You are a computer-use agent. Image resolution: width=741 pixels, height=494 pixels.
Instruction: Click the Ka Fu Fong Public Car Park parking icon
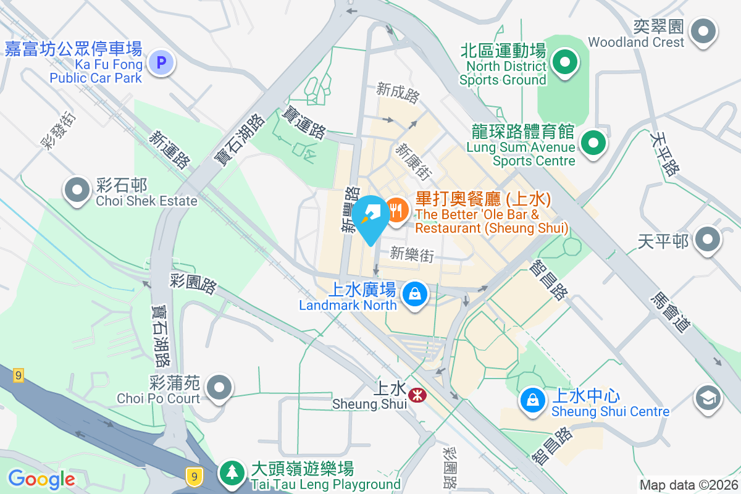point(162,62)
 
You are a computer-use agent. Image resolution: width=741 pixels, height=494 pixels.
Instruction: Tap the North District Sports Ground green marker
point(564,62)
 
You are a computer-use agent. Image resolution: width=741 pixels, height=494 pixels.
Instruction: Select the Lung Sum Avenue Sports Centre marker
point(593,144)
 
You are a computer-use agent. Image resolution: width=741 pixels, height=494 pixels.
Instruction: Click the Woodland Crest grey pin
point(703,31)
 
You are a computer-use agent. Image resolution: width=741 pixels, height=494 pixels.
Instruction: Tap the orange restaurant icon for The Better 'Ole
point(396,211)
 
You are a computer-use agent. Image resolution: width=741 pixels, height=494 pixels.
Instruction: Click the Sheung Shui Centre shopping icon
point(532,400)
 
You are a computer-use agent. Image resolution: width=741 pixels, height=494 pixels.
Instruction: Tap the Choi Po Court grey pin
point(219,388)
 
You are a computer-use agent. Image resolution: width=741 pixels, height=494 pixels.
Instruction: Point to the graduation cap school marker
point(708,398)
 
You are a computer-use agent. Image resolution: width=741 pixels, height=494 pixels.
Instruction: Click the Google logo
point(41,479)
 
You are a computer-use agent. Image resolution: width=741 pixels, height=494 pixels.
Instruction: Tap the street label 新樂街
point(412,254)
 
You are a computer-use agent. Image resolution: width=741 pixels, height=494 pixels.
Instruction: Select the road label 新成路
point(398,93)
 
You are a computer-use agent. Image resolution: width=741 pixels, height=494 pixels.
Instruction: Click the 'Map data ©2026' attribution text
point(689,485)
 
